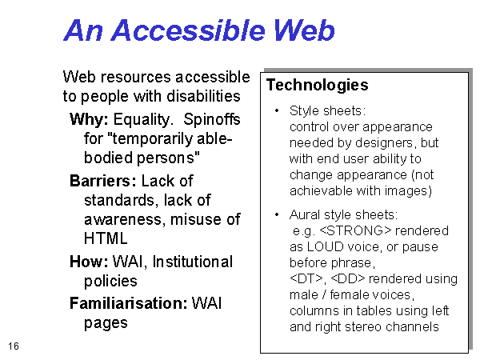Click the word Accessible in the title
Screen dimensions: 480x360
(x=188, y=30)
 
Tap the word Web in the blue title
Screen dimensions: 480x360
(x=304, y=30)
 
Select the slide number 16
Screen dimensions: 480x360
(x=14, y=346)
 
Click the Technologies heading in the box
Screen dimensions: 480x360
(x=317, y=85)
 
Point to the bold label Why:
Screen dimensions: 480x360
(x=89, y=119)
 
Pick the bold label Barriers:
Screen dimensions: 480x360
(x=103, y=181)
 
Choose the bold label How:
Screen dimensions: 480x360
(x=89, y=262)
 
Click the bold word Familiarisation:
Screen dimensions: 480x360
(x=129, y=303)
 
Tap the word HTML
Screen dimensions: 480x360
(x=106, y=238)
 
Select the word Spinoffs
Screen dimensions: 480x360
(x=212, y=119)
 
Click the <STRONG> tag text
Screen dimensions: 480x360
(x=355, y=230)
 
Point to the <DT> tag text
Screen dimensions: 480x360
(x=306, y=278)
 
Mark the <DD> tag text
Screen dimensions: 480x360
(x=348, y=278)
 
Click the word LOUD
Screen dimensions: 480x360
(x=325, y=246)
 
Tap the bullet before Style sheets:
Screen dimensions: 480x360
(x=277, y=110)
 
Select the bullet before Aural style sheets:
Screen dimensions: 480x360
(x=277, y=214)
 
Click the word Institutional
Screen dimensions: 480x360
(x=193, y=262)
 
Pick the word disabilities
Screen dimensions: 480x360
(x=203, y=96)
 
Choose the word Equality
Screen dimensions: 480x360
(x=142, y=120)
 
